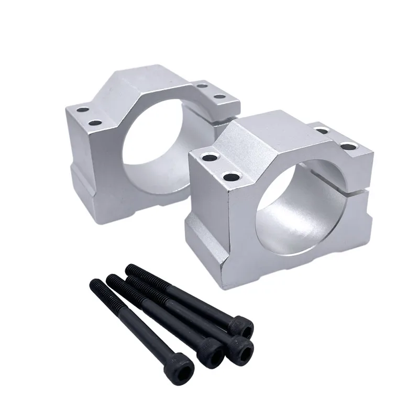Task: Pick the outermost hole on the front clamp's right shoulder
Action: [348, 147]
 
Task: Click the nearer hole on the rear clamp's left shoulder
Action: [95, 123]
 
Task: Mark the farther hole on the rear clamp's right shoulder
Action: [202, 84]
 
